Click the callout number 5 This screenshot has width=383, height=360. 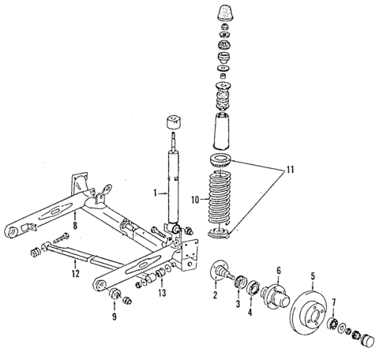click(313, 276)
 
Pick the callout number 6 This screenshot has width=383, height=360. click(277, 270)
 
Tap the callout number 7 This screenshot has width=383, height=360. click(334, 301)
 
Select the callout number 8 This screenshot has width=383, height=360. click(76, 225)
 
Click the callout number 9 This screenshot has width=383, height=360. click(115, 317)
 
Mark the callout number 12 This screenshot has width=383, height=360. click(74, 274)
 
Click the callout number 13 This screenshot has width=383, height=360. click(162, 293)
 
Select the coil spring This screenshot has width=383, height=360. click(220, 202)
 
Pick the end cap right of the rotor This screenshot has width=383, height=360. click(366, 339)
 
